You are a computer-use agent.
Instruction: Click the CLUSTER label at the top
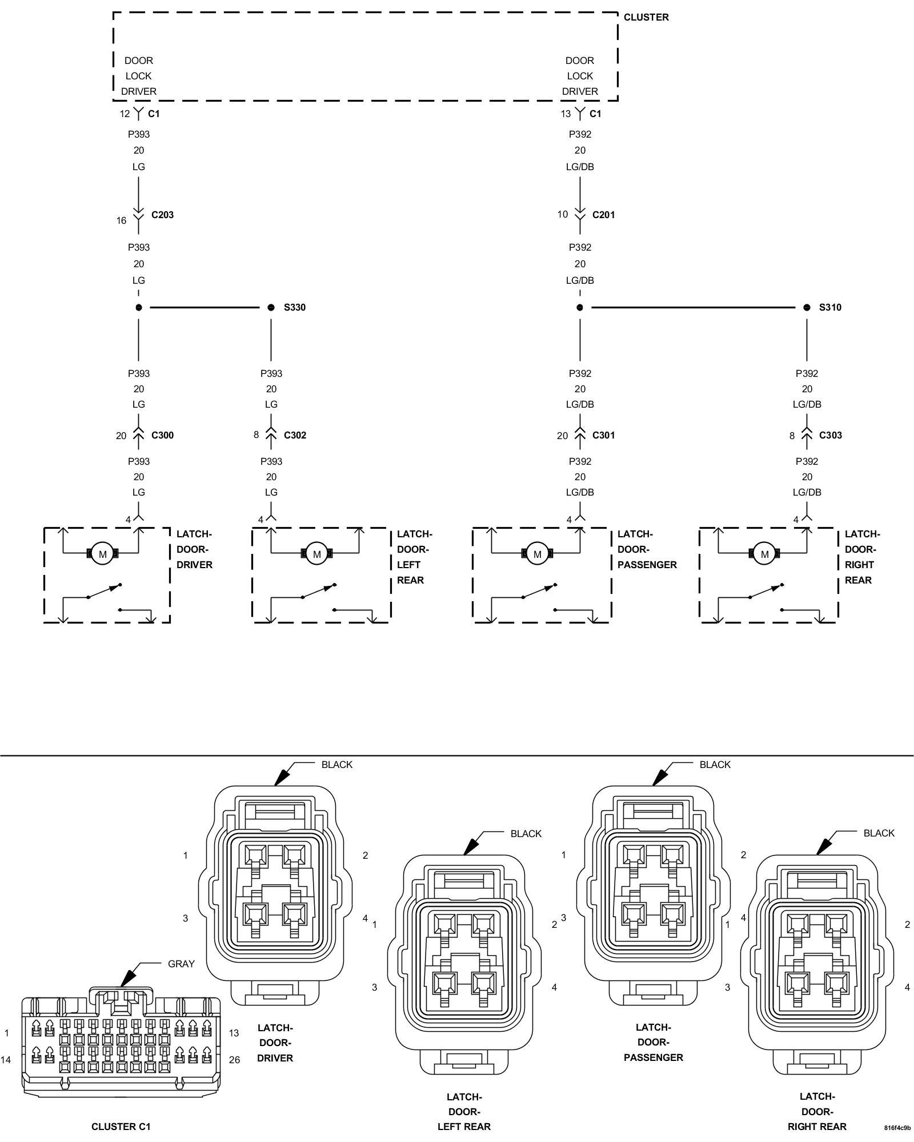(x=646, y=17)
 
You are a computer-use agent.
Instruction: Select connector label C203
(x=162, y=215)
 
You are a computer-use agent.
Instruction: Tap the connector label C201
(x=603, y=215)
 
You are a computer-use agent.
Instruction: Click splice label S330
(x=294, y=307)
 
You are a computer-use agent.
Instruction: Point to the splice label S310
(x=829, y=307)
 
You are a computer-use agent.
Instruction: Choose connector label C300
(x=162, y=435)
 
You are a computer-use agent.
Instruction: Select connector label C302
(x=295, y=435)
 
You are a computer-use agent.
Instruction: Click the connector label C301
(x=603, y=435)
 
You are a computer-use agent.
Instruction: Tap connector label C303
(x=830, y=435)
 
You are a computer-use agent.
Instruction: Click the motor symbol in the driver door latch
(x=103, y=554)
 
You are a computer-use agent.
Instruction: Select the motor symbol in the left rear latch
(x=316, y=554)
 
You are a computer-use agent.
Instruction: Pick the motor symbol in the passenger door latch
(x=537, y=554)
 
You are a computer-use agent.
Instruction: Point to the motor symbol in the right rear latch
(x=764, y=554)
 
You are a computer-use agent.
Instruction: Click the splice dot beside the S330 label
(x=271, y=307)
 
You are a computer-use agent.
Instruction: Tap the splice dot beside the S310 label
(x=807, y=307)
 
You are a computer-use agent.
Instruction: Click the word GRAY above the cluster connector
(x=181, y=964)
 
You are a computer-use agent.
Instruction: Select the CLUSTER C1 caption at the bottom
(x=121, y=1127)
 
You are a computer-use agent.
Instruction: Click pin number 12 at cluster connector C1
(x=125, y=114)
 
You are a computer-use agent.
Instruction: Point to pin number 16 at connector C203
(x=121, y=220)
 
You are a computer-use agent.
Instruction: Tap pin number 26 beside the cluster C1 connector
(x=234, y=1059)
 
